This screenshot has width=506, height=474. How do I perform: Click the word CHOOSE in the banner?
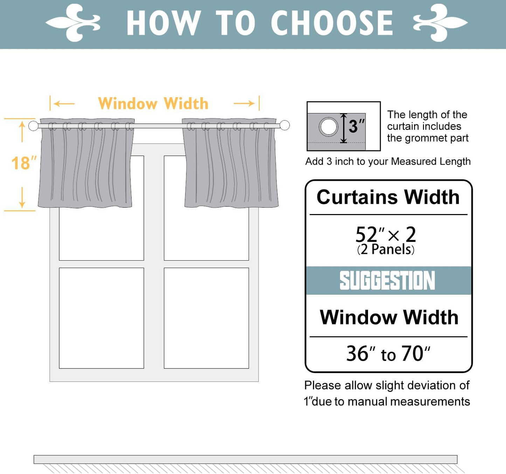tap(332, 23)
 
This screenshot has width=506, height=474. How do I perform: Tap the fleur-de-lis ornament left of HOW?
tap(73, 23)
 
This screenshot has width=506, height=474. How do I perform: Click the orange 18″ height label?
tap(23, 163)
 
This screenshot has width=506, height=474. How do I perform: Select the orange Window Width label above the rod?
tap(153, 104)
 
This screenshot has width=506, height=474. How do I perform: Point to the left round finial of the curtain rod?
tap(33, 126)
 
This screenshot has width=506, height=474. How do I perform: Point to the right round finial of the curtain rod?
tap(285, 125)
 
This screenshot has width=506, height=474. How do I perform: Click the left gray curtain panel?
tap(86, 165)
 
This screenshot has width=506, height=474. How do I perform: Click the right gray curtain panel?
tap(230, 165)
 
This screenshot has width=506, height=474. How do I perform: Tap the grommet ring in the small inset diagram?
tap(328, 127)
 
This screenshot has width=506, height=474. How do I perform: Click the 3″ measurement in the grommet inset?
tap(356, 126)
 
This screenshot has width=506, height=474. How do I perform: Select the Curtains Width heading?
tap(388, 197)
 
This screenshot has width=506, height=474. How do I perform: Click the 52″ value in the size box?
tap(369, 234)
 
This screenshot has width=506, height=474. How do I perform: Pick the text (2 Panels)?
tap(386, 250)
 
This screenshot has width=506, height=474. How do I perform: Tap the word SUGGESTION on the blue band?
tap(387, 281)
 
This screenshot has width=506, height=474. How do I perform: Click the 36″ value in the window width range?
tap(360, 353)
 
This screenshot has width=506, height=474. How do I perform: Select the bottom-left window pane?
tap(101, 318)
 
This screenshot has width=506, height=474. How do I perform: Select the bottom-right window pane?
tap(206, 318)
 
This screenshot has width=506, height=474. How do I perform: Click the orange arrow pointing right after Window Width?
tap(244, 103)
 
